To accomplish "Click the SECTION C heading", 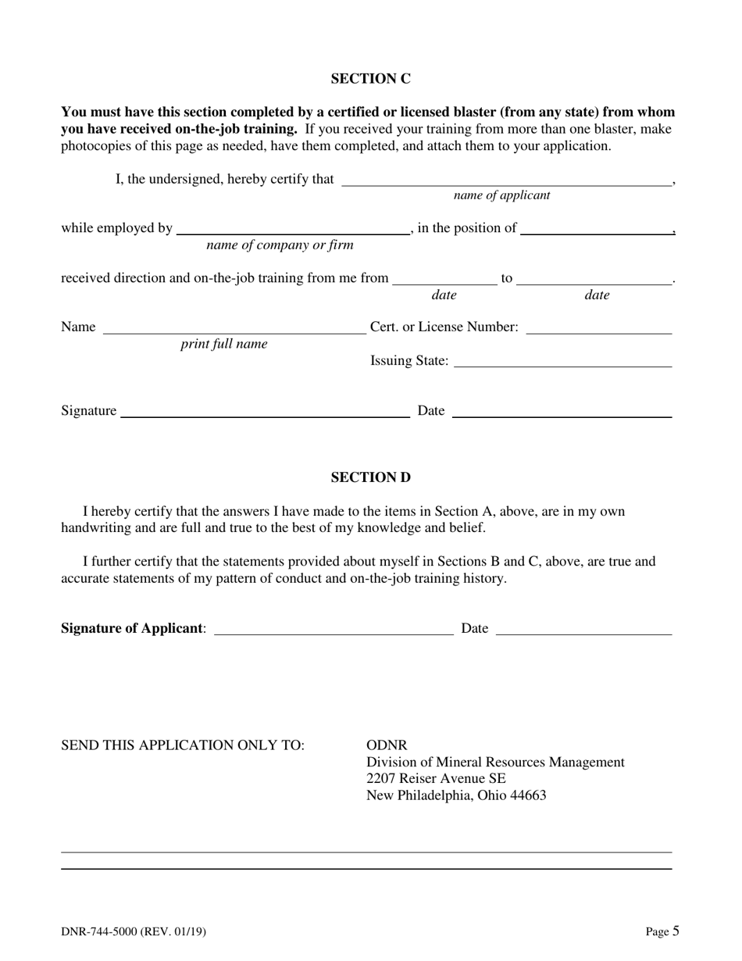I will pos(370,79).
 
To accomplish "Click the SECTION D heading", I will pos(370,477).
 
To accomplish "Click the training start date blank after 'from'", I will pos(444,280).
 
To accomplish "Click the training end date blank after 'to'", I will pos(594,280).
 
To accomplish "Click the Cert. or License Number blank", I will pos(599,329).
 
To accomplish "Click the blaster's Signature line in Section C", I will pos(265,413).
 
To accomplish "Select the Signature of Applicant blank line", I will pos(333,631).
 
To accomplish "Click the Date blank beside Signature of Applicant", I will pos(583,631).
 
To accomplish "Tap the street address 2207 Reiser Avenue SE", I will pos(436,779).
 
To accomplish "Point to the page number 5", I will pos(676,931).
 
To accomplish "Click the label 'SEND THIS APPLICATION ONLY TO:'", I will pos(183,745).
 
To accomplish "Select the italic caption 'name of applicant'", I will pos(501,195).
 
